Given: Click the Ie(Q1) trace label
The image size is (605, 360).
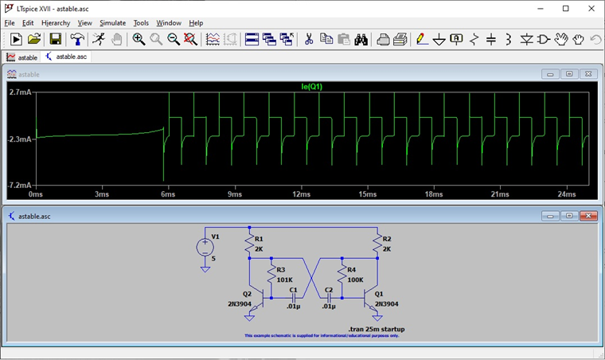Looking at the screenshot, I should (x=311, y=86).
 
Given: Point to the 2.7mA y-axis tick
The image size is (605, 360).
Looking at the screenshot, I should (x=20, y=93).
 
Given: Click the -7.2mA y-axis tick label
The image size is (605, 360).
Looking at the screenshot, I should (x=20, y=185).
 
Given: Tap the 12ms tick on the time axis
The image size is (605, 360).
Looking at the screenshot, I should (x=301, y=194).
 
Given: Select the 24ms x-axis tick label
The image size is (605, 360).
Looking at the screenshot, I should (x=566, y=194).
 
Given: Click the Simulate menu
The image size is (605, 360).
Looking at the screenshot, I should (x=112, y=23).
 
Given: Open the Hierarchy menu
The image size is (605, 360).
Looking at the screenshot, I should (x=56, y=23).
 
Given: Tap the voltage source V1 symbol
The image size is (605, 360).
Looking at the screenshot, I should (x=205, y=248).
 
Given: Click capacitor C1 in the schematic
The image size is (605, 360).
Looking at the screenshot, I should (x=294, y=298).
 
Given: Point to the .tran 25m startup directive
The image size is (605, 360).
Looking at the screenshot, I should (x=377, y=329).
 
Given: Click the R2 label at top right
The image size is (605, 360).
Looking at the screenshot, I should (x=387, y=239).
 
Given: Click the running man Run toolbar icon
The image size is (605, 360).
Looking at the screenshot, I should (x=99, y=39).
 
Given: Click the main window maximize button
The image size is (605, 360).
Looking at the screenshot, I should (x=566, y=8).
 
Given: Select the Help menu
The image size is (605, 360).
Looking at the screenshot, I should (x=196, y=23).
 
